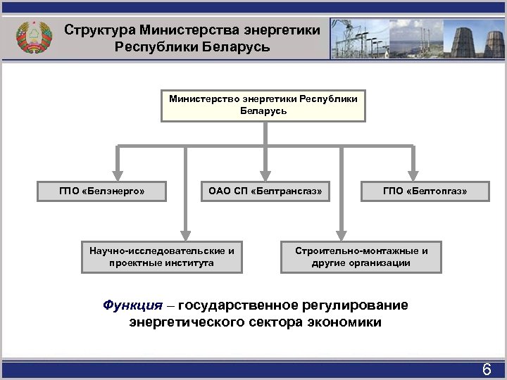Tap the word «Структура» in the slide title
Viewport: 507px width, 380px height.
point(99,31)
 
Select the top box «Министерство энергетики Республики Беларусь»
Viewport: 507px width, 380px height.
point(263,105)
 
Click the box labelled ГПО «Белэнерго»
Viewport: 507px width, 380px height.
point(102,191)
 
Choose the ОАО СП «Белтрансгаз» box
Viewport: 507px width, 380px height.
point(265,191)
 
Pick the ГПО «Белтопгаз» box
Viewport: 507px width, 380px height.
point(425,191)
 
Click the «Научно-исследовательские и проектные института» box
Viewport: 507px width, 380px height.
point(162,257)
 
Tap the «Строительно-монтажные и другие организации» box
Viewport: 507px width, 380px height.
point(361,257)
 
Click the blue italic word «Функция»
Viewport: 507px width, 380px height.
point(132,306)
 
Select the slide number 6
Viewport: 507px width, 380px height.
point(486,369)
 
